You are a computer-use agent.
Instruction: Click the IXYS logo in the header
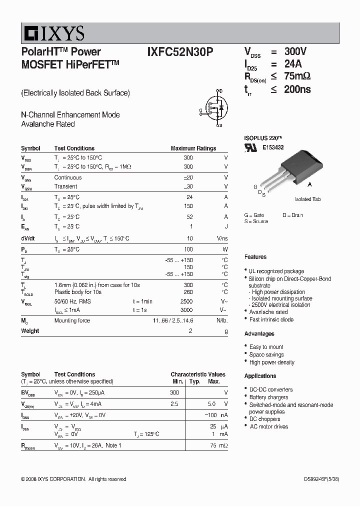tap(53, 33)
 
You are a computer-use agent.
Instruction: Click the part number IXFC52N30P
tap(180, 51)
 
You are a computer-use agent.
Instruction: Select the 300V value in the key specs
tap(295, 51)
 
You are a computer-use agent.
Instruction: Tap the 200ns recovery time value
tap(297, 89)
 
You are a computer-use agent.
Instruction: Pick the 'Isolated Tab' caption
tap(307, 199)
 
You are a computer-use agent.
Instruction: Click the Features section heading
tap(255, 257)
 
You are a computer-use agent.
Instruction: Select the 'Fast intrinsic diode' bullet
tap(271, 319)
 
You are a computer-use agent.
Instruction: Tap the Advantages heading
tap(259, 333)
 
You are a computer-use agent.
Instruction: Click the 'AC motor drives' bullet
tap(268, 426)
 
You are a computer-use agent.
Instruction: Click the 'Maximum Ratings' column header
tap(193, 148)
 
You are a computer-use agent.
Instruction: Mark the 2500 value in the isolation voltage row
tap(186, 301)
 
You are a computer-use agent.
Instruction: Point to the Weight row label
tap(30, 331)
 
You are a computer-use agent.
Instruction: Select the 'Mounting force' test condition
tap(72, 320)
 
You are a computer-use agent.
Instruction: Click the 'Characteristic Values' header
tap(197, 374)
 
